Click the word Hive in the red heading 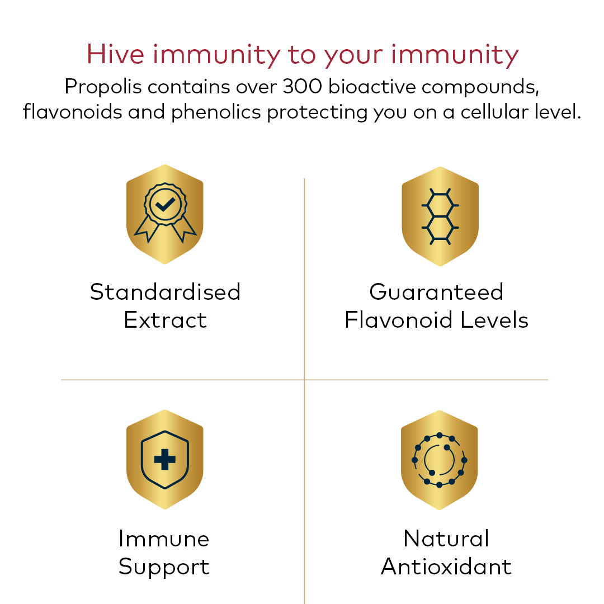[x=115, y=54]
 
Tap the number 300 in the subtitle [x=302, y=86]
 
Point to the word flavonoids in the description [x=72, y=112]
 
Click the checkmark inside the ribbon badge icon [x=166, y=204]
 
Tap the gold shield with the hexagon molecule [x=440, y=216]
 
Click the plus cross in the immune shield [x=165, y=459]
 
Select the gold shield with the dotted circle [x=439, y=460]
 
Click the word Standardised [x=165, y=291]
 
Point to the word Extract [x=165, y=320]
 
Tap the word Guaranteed [x=436, y=291]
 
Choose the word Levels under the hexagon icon [x=494, y=320]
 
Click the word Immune [x=164, y=539]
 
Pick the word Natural [x=446, y=539]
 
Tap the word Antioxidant [x=446, y=567]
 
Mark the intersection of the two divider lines [x=304, y=380]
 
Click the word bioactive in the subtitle [x=372, y=86]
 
